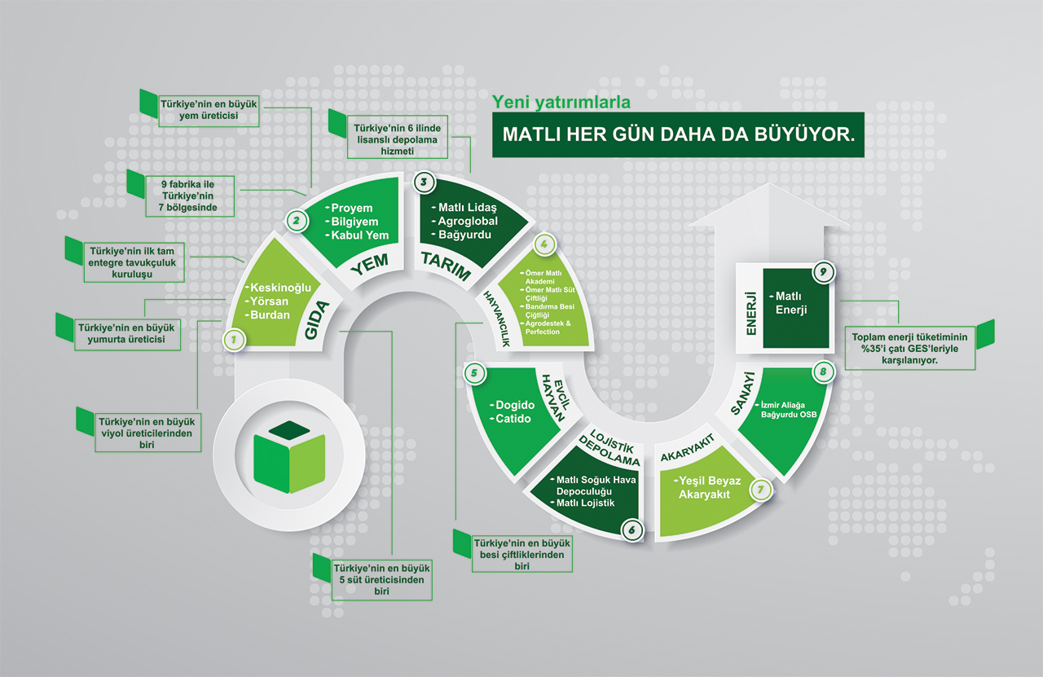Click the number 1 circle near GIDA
235,340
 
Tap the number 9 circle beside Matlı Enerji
824,273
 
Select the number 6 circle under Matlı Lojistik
631,530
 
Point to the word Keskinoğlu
280,288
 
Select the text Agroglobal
467,221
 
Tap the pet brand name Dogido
513,405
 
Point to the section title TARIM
446,266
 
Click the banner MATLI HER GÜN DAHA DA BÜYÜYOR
677,134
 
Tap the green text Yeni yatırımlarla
561,102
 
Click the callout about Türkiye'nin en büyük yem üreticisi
208,109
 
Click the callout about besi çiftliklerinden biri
522,554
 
